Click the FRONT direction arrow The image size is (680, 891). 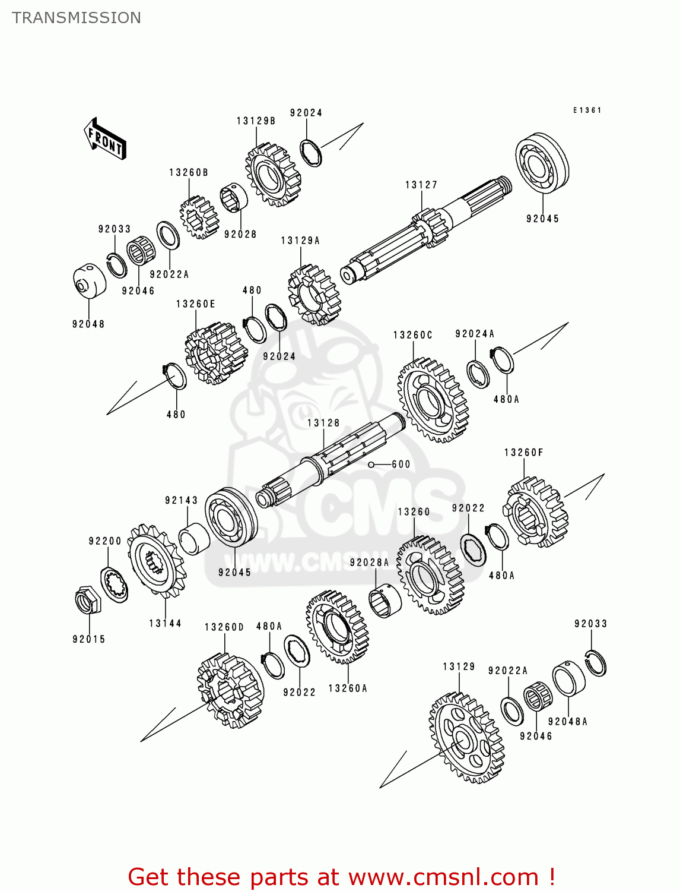[106, 139]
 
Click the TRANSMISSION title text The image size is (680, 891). [77, 18]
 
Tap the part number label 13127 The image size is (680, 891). [421, 185]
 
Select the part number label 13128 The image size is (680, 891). [323, 423]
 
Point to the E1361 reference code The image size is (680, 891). [587, 110]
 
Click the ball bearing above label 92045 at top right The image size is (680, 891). [542, 163]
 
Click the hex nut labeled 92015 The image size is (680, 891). [88, 600]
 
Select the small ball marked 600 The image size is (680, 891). [371, 465]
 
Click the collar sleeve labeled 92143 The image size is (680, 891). [192, 539]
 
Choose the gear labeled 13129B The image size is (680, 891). [273, 175]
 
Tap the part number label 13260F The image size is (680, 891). [523, 453]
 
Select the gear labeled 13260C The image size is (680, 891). [432, 400]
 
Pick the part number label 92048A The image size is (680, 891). [567, 722]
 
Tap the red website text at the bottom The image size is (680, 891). [341, 877]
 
